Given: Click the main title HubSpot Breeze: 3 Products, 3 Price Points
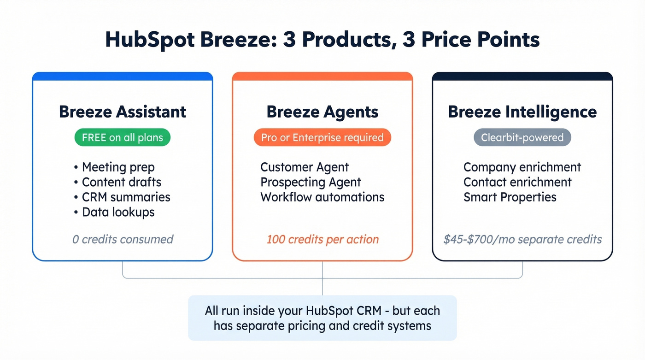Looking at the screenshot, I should point(322,40).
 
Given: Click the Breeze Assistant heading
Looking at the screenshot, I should point(123,112).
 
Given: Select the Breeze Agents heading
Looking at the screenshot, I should point(322,112).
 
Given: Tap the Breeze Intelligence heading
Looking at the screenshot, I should point(522,112).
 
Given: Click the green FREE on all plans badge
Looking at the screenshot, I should point(123,138).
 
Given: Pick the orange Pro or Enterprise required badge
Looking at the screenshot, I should point(322,138).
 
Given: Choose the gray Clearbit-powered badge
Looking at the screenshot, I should point(522,138).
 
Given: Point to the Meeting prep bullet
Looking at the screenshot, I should point(118,167).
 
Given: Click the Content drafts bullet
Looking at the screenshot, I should point(122,182).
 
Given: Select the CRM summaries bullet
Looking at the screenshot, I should point(126,197).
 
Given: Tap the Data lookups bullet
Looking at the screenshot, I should point(118,212).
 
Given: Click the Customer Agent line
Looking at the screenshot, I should point(305,167).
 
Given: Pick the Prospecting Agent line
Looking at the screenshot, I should point(311,182).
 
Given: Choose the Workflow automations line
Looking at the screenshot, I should point(322,197).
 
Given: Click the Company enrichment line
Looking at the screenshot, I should point(522,167).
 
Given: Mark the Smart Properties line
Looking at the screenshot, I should point(510,197).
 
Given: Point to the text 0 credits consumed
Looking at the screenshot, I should point(123,240).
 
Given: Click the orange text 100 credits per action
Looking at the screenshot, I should point(322,240).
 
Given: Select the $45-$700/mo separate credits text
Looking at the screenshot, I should point(522,240).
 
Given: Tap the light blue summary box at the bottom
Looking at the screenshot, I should point(322,318).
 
